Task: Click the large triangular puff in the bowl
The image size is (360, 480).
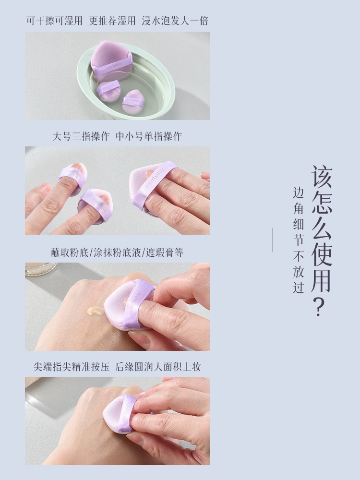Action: point(112,60)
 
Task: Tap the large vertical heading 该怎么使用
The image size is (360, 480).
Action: point(322,228)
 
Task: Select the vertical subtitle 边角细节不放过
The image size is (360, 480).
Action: point(299,240)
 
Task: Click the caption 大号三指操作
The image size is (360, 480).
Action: point(81,136)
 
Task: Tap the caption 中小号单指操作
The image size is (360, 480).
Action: point(149,136)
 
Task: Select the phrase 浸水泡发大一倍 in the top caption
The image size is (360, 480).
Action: point(175,21)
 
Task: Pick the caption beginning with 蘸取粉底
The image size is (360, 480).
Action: point(117,252)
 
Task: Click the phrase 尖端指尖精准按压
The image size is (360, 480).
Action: point(72,367)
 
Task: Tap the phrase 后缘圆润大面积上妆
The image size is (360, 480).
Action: point(157,367)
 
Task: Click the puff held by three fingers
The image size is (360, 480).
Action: point(153,186)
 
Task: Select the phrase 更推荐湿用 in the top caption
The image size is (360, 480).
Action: point(112,21)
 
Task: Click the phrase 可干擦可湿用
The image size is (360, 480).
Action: point(55,21)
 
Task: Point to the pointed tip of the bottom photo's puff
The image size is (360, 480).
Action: point(104,411)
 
